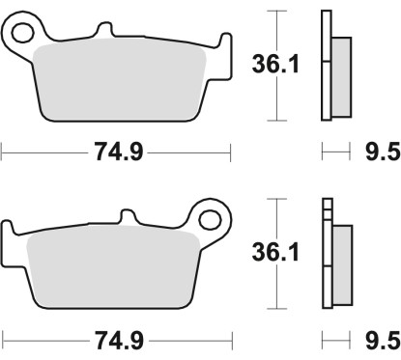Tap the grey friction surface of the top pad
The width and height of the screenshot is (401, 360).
pyautogui.click(x=121, y=82)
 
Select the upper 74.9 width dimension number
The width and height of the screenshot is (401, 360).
pyautogui.click(x=116, y=152)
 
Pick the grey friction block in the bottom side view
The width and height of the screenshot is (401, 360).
pyautogui.click(x=343, y=264)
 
